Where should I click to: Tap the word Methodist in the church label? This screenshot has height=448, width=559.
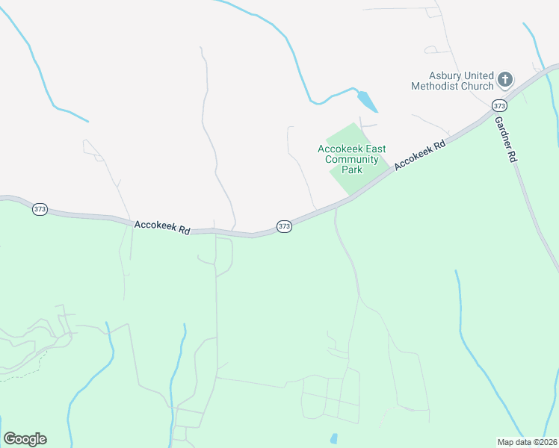click(x=434, y=86)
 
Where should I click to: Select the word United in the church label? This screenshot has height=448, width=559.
click(x=478, y=76)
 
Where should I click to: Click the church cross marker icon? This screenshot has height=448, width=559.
click(x=506, y=79)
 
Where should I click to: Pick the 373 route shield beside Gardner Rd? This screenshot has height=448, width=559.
click(x=500, y=105)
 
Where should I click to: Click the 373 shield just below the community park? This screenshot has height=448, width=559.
click(x=284, y=225)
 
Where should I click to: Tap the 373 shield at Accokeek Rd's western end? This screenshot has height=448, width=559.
click(x=40, y=210)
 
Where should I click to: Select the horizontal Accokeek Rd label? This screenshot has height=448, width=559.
click(x=161, y=227)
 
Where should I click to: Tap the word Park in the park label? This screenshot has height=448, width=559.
click(x=351, y=169)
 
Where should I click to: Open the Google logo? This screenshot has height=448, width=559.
click(x=25, y=439)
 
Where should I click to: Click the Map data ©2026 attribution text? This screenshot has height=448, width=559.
click(x=528, y=441)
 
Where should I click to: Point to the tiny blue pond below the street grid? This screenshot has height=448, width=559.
click(x=333, y=438)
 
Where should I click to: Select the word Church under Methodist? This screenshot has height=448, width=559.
click(x=478, y=86)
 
